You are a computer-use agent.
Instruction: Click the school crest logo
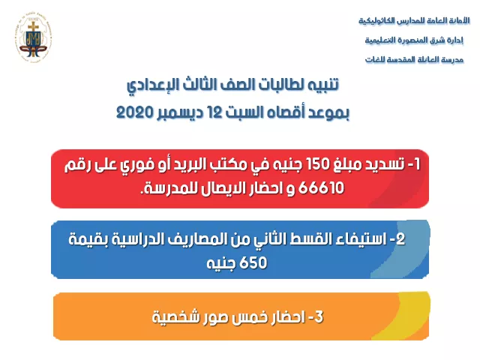33,37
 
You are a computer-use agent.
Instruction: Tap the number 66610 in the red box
321,187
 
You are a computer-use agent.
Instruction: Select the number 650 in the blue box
253,262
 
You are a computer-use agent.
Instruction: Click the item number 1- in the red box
414,165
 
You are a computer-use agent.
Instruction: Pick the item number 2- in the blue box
397,238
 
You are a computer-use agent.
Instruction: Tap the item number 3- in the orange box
315,316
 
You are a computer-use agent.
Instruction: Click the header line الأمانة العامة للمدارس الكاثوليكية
414,21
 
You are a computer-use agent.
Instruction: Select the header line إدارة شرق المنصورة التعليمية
414,40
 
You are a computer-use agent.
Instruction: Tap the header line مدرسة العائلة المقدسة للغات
414,59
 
